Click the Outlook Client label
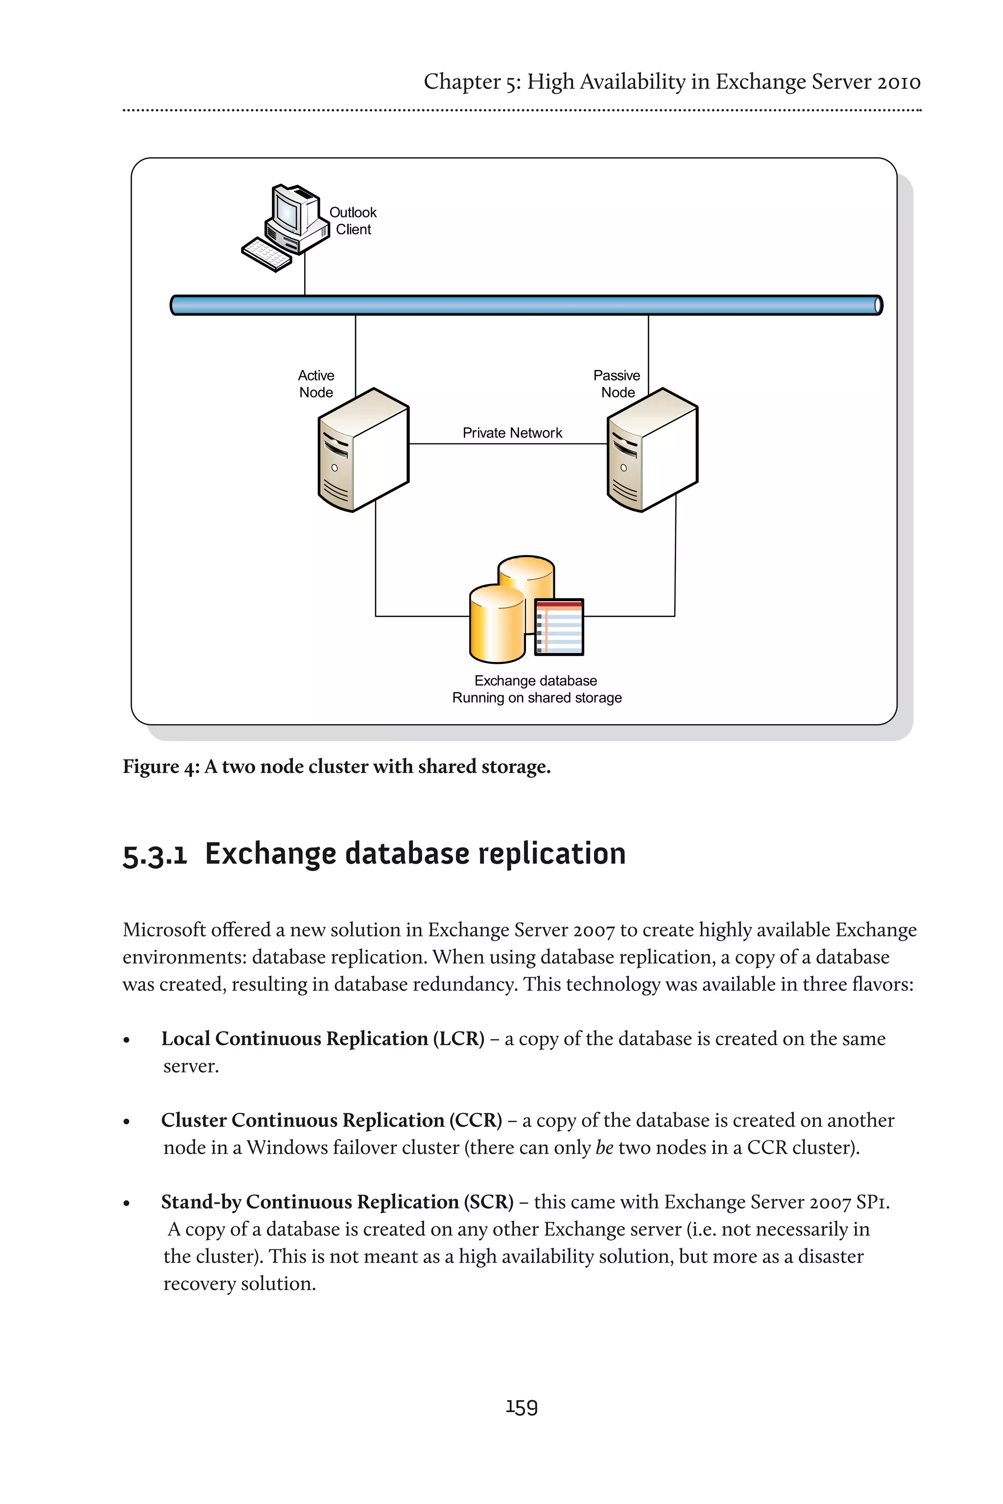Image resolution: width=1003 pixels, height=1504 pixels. coord(353,221)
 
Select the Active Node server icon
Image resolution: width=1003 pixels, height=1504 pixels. coord(363,450)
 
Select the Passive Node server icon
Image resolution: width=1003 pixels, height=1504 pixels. coord(652,450)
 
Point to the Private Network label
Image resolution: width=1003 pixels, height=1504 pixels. coord(512,433)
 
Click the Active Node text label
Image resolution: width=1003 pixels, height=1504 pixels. coord(316,384)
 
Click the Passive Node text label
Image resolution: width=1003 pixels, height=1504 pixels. coord(617,384)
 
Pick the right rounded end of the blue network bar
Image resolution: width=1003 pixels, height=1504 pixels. coord(878,305)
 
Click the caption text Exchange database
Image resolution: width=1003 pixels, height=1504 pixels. coord(535,681)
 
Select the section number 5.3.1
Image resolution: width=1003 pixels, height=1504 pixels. coord(154,855)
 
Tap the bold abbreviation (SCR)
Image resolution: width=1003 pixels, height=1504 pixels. coord(489,1201)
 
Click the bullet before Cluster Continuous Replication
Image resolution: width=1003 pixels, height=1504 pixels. coord(127,1122)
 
